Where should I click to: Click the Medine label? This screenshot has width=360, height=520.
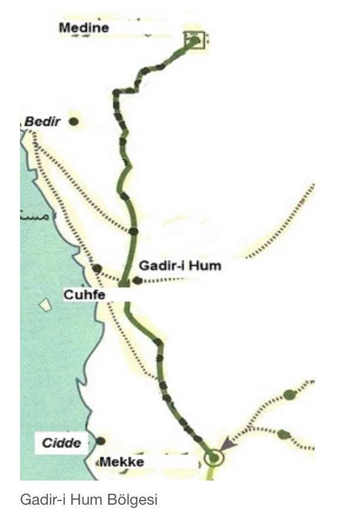84,27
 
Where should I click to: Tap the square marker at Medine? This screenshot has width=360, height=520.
194,40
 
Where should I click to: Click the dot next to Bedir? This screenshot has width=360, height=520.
74,122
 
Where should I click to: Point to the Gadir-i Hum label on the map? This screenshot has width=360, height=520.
180,266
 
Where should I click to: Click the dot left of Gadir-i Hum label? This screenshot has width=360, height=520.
137,280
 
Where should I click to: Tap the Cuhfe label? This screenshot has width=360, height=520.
84,295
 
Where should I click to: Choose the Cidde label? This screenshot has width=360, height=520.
61,442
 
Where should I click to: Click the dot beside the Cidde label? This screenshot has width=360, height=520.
101,440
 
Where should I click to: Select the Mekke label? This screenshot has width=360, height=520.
122,462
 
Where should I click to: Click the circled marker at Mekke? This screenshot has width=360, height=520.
213,458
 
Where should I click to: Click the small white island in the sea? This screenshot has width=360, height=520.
44,306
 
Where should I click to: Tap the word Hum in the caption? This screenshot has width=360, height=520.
87,500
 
